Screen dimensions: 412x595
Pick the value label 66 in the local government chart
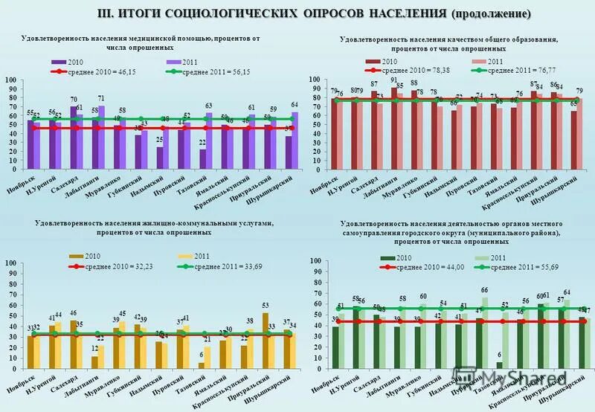485,290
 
